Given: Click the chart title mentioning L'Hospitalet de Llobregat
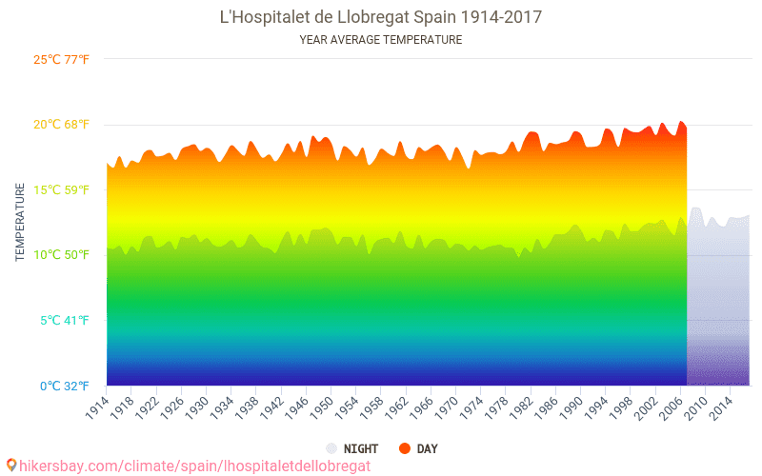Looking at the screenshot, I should (380, 17).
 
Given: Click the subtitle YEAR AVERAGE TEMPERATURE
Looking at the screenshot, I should (380, 40).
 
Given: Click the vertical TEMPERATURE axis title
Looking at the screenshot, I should (20, 223).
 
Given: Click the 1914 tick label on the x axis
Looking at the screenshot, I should (96, 407).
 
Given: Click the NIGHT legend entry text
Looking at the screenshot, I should (361, 448).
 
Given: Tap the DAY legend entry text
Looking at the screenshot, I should (427, 448).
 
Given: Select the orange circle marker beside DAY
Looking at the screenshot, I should (404, 448).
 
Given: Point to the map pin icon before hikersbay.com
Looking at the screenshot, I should (10, 465).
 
